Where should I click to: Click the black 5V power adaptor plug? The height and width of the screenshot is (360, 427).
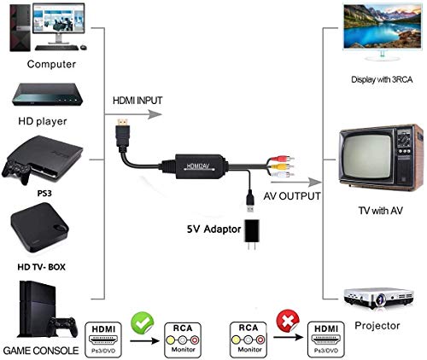[252, 234]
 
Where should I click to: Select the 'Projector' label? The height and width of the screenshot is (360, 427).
[377, 326]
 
